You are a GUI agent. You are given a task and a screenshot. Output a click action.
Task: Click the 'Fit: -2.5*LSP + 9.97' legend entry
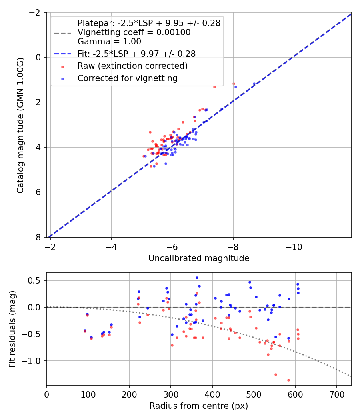[x=136, y=53]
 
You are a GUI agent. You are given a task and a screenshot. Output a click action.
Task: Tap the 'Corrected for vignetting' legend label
[x=127, y=78]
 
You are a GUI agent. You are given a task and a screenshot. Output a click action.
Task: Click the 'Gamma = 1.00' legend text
[x=109, y=41]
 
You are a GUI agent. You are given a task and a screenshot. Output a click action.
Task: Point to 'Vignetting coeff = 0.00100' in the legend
[x=134, y=32]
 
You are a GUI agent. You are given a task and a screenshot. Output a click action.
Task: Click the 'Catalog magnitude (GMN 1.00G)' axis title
[x=20, y=125]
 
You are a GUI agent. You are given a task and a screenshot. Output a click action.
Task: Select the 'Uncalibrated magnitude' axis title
[x=199, y=258]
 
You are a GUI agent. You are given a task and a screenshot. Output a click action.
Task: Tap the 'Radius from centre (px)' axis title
[x=199, y=406]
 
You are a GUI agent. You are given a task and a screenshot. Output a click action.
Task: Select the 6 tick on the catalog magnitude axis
[x=39, y=192]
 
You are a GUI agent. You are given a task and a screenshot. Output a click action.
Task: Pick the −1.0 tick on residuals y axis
[x=35, y=361]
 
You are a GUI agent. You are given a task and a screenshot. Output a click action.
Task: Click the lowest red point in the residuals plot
[x=288, y=380]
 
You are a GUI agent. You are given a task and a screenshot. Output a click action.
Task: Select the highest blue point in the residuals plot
[x=197, y=278]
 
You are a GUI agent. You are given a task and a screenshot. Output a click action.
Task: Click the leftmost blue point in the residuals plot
[x=85, y=331]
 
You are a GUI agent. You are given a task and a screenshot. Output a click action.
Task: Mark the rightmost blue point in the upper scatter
[x=254, y=84]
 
